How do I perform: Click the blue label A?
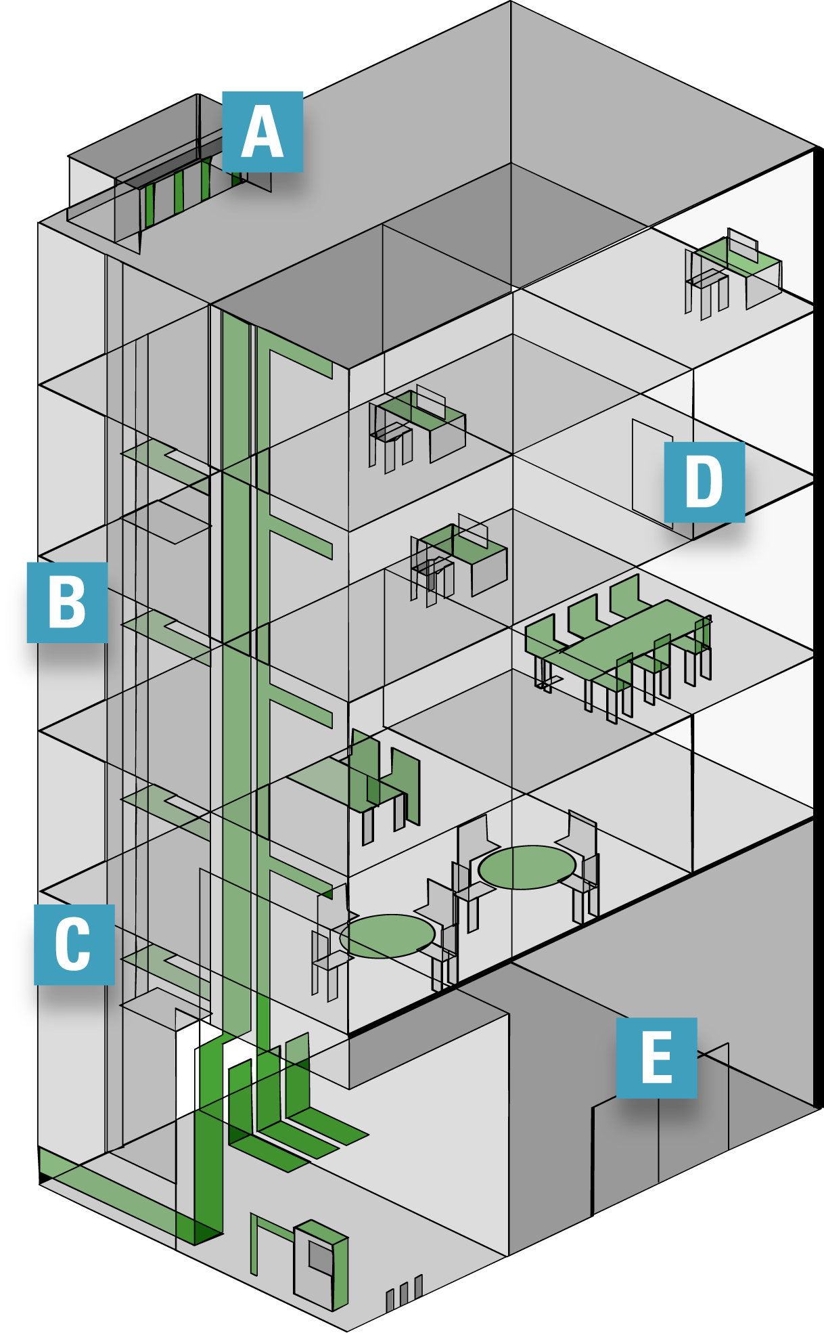262,132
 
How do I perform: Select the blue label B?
67,602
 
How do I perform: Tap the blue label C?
74,944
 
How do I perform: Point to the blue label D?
704,481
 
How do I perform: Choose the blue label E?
656,1057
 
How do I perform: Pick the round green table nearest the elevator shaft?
387,936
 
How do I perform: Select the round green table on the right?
527,867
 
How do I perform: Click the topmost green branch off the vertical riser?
301,362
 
